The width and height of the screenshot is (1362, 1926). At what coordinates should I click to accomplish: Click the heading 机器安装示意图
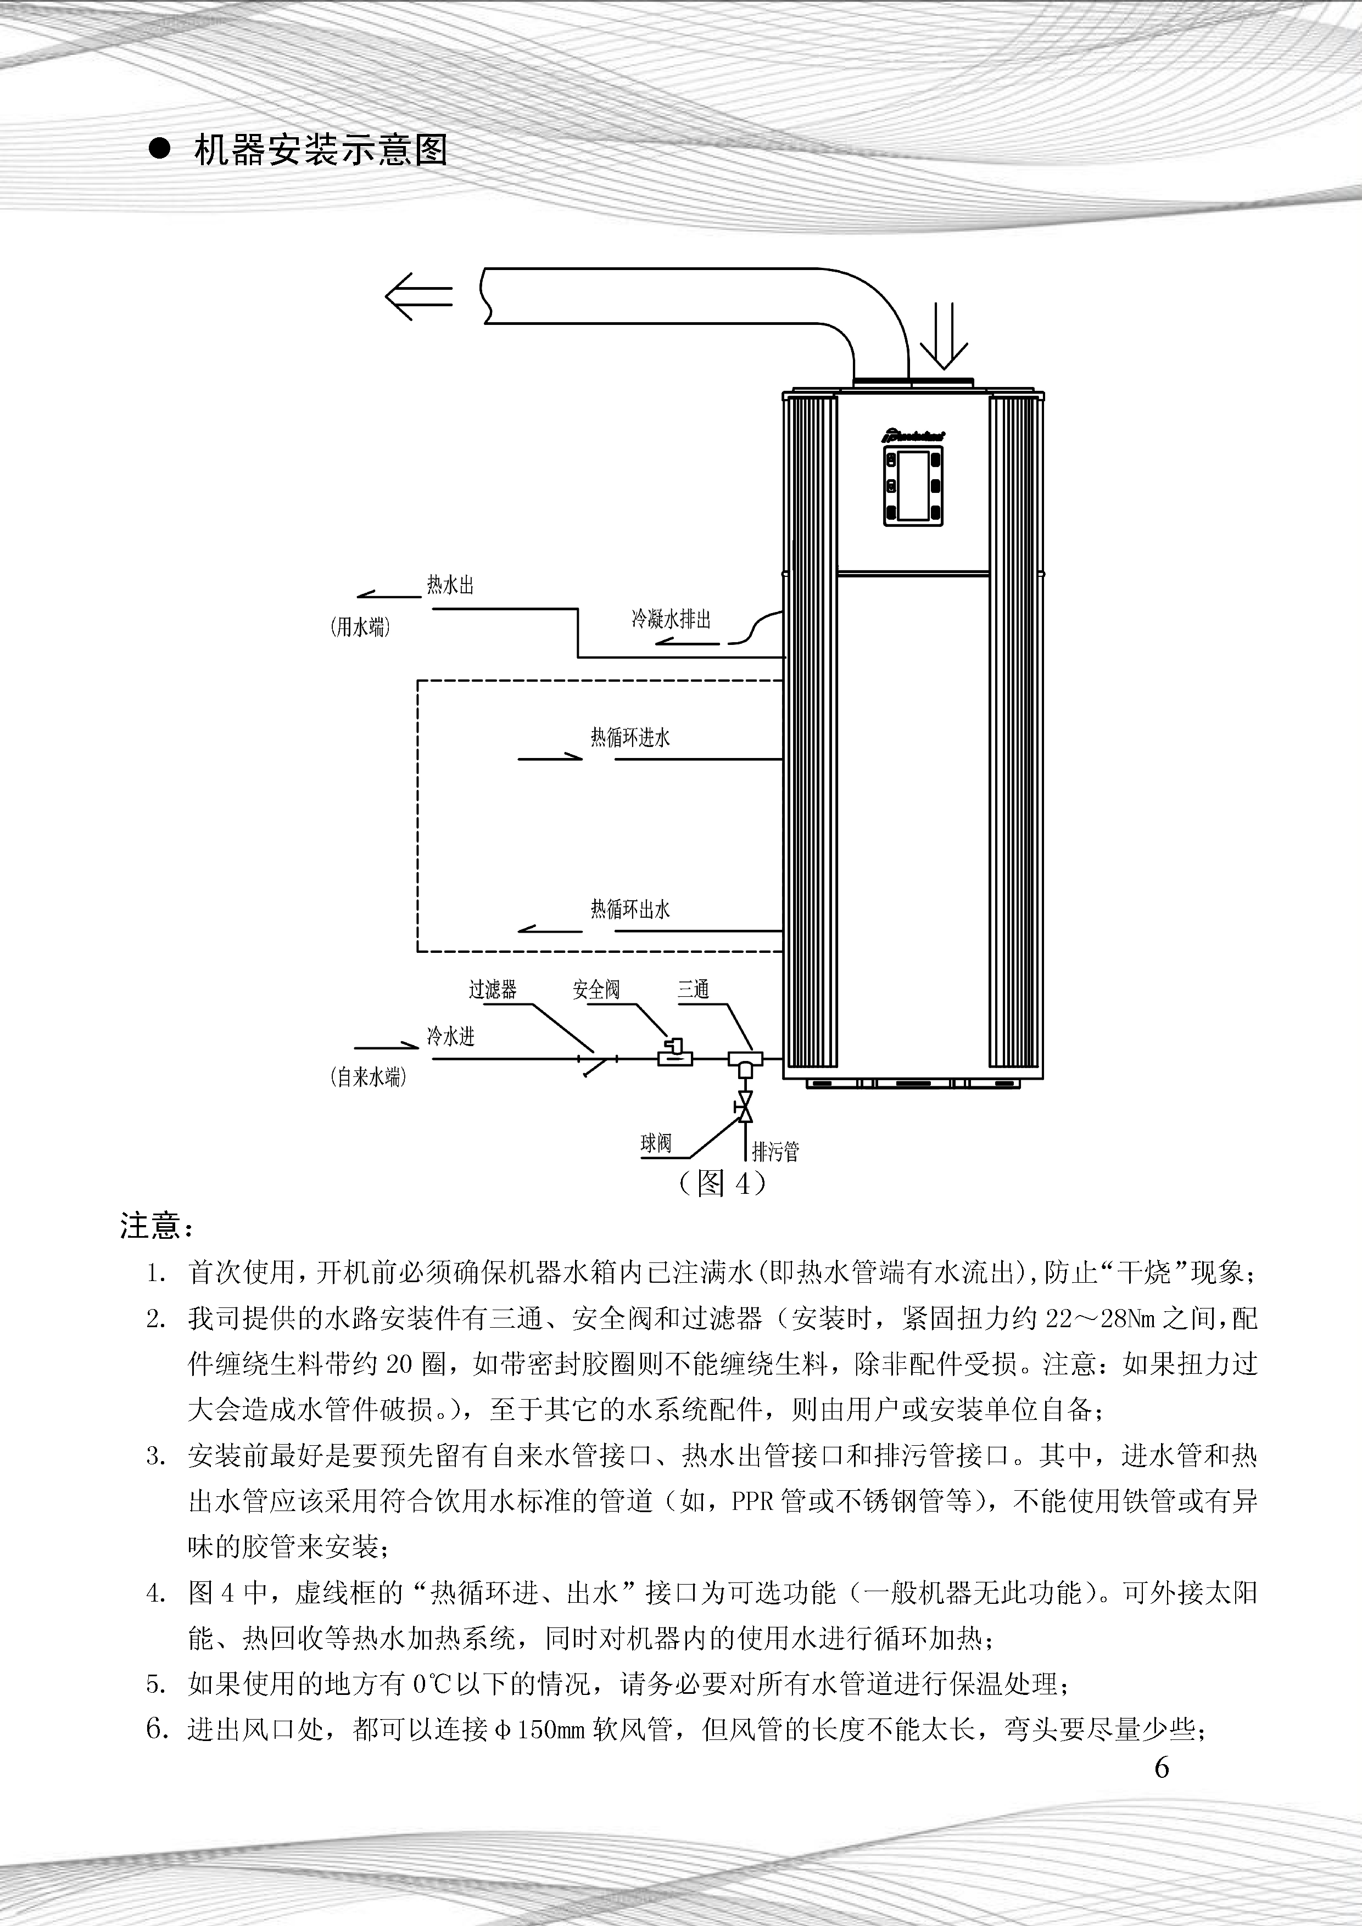coord(321,150)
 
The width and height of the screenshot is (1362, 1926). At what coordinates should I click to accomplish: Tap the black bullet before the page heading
coord(159,149)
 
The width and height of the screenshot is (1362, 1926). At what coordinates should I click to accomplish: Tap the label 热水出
coord(451,585)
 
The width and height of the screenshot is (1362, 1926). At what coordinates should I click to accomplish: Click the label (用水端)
coord(360,627)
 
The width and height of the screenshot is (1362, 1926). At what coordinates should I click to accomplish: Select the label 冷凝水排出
coord(671,620)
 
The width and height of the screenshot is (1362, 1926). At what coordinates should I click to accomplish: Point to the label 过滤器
coord(493,990)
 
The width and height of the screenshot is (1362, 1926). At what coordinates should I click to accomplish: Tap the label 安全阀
coord(596,990)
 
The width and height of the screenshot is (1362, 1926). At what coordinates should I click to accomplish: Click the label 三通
coord(693,990)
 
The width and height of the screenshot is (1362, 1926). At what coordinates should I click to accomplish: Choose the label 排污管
coord(775,1151)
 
